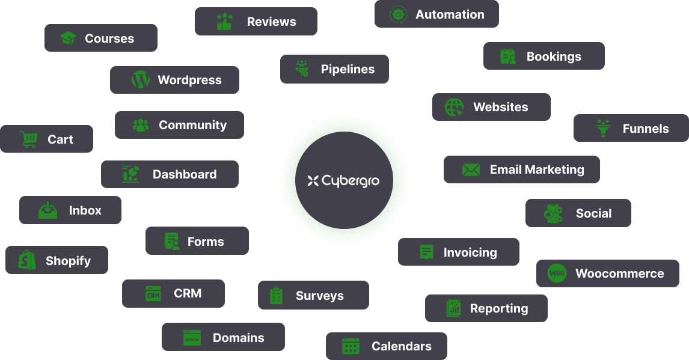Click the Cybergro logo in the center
[343, 180]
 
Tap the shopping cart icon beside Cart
[28, 139]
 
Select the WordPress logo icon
[140, 80]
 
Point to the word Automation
[450, 14]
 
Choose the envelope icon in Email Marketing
[471, 170]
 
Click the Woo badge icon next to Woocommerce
[557, 273]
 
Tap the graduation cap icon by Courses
[68, 38]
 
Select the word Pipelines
[348, 69]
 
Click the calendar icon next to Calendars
[351, 346]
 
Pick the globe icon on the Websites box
[454, 108]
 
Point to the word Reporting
[499, 308]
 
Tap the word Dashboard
[185, 174]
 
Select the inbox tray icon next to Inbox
[47, 210]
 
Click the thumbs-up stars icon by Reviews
[224, 22]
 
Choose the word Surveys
[320, 296]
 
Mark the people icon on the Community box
[141, 125]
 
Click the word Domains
[238, 338]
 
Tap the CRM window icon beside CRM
[153, 294]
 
